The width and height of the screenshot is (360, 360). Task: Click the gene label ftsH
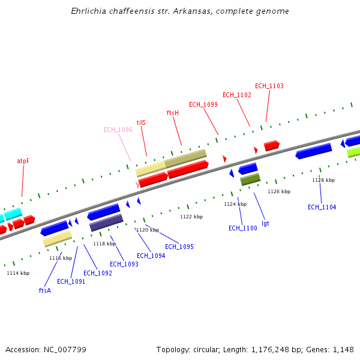[172, 113]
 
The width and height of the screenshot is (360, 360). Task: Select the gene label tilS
[141, 122]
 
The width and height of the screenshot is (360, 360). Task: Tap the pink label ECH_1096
[118, 130]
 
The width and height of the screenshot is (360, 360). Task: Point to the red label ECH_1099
[203, 104]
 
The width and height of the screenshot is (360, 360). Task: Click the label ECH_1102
[236, 95]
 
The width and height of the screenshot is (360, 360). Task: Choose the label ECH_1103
[269, 86]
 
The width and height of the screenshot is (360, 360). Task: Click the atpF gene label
[23, 161]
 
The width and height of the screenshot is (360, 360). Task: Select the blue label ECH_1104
[322, 207]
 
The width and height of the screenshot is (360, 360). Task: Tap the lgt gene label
[265, 223]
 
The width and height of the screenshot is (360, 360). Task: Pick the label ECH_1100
[242, 228]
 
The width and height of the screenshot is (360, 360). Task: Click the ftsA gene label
[44, 290]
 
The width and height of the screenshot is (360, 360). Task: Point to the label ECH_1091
[71, 281]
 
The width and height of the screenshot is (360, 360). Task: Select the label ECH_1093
[124, 264]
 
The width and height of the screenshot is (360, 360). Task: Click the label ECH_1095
[179, 247]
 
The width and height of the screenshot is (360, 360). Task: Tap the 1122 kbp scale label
[191, 217]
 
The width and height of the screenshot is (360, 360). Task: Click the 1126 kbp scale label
[278, 191]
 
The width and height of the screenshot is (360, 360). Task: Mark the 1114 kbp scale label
[18, 273]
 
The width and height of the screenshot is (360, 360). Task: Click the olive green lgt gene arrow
[250, 179]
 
